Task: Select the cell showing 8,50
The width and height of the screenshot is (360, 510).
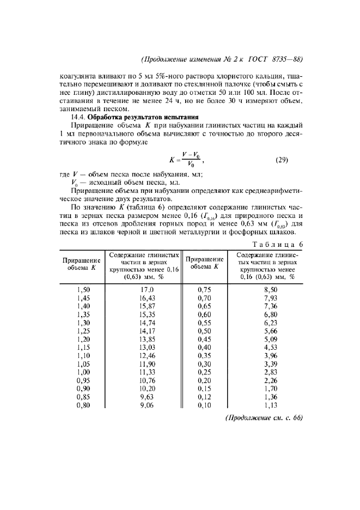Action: coord(270,290)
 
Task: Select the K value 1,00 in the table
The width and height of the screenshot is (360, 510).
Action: coord(83,372)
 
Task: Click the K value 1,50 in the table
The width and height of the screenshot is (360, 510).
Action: coord(83,290)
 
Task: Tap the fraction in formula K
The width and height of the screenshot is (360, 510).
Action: coord(191,161)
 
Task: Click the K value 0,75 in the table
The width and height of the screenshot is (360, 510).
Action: coord(205,290)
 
